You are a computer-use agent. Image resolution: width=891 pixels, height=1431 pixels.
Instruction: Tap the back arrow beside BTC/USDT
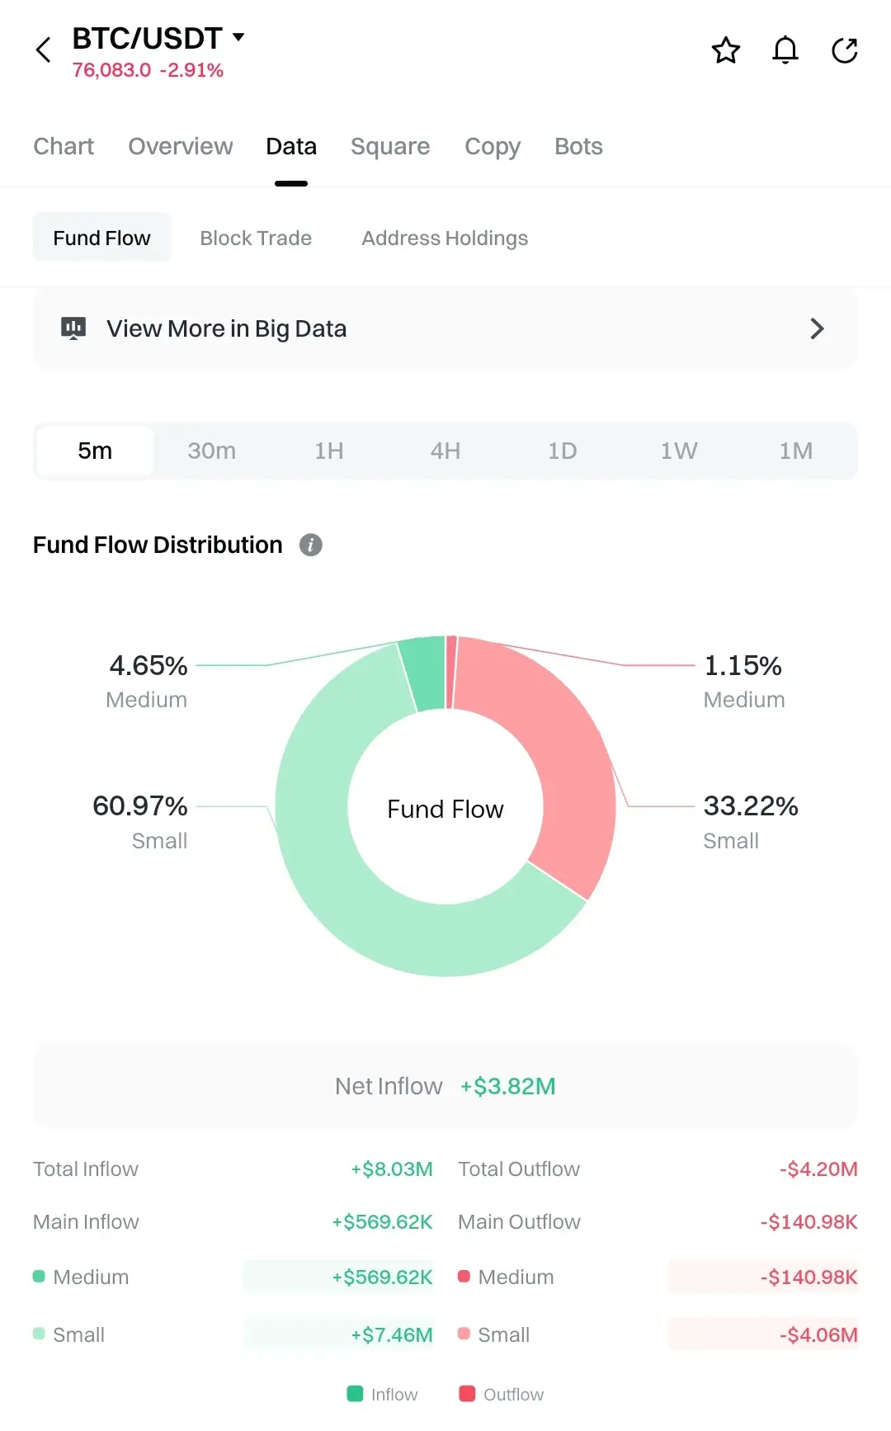44,50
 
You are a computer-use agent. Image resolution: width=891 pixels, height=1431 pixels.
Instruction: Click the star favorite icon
726,50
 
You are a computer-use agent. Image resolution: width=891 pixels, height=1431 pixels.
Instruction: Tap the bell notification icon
785,50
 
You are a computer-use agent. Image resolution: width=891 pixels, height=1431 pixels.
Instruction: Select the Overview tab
181,146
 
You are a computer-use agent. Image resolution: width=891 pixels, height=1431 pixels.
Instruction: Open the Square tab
390,146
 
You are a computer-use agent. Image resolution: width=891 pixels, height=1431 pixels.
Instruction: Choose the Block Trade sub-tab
256,238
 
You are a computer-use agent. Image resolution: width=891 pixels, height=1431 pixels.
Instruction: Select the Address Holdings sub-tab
445,238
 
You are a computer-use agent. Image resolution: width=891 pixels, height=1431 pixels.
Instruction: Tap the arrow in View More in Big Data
817,328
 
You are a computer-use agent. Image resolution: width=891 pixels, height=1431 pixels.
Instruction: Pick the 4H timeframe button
445,451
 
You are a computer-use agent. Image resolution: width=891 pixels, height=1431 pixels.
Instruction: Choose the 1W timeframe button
679,451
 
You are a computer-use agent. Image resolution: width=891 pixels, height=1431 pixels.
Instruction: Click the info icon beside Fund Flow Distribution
310,545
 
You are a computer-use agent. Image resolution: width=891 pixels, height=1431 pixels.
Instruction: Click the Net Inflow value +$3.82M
508,1086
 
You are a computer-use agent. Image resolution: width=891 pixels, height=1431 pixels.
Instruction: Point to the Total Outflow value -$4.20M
818,1169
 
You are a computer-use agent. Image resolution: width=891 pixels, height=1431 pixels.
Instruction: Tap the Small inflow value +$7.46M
392,1334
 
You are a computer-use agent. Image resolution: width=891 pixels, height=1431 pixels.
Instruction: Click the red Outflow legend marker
467,1394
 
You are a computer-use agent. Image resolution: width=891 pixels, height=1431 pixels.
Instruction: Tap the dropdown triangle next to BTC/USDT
238,37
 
